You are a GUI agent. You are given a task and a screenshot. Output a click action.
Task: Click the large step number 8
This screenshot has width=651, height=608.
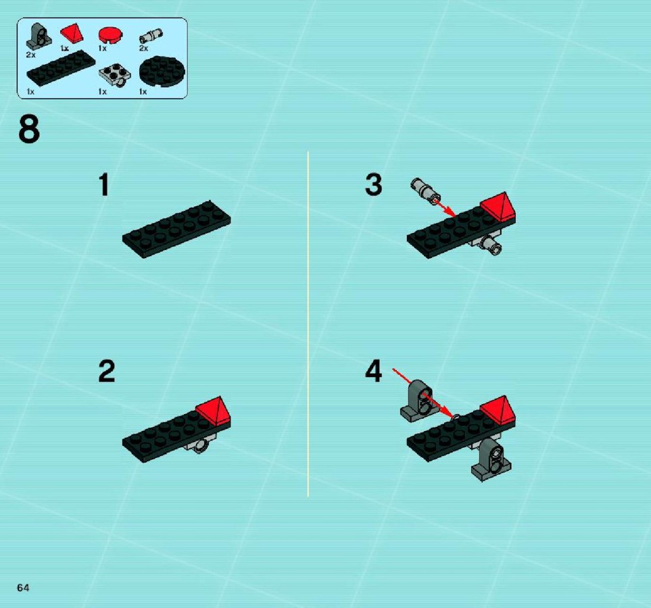pyautogui.click(x=29, y=129)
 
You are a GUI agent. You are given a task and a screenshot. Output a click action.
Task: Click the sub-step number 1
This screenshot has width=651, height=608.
pyautogui.click(x=104, y=184)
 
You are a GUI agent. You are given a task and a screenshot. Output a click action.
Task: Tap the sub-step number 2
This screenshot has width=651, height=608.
pyautogui.click(x=107, y=371)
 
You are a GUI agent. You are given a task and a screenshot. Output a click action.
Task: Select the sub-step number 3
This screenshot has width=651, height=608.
pyautogui.click(x=374, y=184)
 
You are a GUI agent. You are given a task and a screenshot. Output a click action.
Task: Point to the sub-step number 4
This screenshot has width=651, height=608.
pyautogui.click(x=374, y=371)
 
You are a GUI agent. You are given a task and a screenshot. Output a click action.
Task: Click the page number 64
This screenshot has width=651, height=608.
pyautogui.click(x=23, y=587)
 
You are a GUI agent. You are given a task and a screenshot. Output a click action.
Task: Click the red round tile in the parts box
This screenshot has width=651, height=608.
pyautogui.click(x=110, y=35)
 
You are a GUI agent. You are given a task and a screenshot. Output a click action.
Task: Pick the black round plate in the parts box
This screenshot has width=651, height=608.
pyautogui.click(x=162, y=72)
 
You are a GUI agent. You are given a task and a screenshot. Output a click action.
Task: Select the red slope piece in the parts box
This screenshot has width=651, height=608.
pyautogui.click(x=72, y=33)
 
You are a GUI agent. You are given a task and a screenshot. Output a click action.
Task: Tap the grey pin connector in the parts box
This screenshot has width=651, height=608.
pyautogui.click(x=151, y=36)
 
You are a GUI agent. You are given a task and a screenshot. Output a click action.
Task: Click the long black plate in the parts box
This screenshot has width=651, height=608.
pyautogui.click(x=61, y=68)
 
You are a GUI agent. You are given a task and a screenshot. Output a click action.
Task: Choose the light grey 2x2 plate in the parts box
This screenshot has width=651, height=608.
pyautogui.click(x=115, y=76)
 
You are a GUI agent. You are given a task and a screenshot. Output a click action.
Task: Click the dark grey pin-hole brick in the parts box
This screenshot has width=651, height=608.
pyautogui.click(x=39, y=36)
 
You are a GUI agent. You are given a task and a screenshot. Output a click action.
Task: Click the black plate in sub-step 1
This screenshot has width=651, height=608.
pyautogui.click(x=176, y=229)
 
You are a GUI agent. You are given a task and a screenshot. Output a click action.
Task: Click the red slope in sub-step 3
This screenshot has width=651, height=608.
pyautogui.click(x=498, y=207)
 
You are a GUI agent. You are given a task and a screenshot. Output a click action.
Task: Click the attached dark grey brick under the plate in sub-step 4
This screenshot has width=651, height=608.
pyautogui.click(x=492, y=459)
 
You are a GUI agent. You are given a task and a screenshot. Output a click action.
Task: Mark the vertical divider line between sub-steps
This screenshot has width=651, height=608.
pyautogui.click(x=308, y=324)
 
